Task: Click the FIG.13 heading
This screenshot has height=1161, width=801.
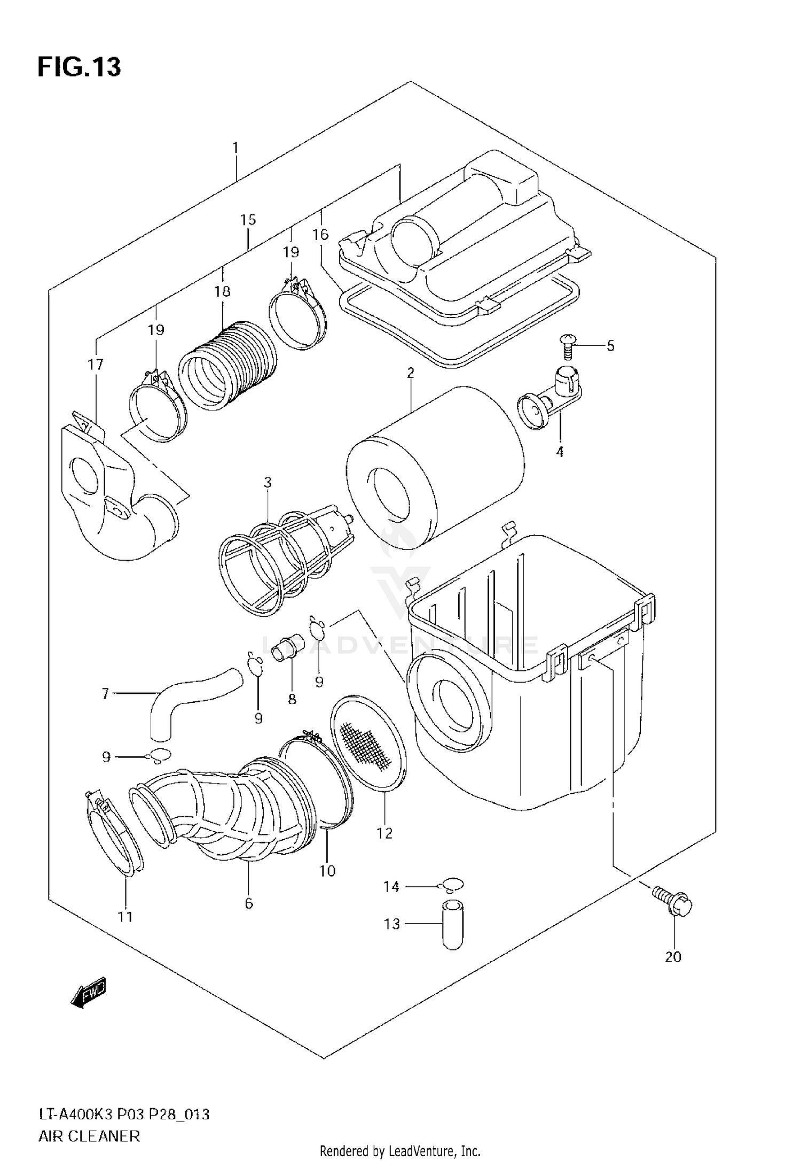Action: [x=79, y=67]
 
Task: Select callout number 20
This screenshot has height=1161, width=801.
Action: [x=673, y=957]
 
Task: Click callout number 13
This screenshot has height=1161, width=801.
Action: [x=391, y=924]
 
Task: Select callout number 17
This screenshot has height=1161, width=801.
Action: [x=95, y=365]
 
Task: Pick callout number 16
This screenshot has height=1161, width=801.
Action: [x=320, y=234]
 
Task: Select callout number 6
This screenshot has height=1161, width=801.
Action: [x=249, y=903]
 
